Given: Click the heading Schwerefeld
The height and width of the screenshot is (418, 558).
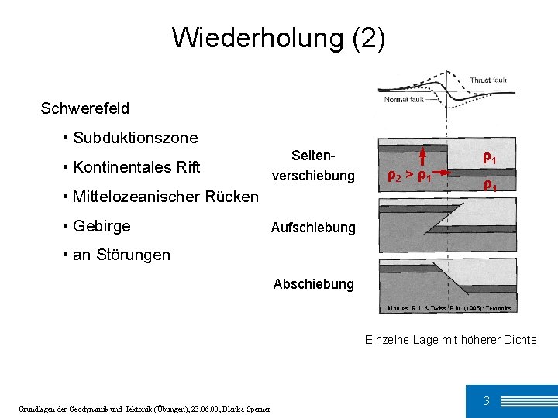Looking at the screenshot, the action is [84, 108].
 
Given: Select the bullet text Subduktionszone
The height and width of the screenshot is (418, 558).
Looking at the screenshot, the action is [135, 138].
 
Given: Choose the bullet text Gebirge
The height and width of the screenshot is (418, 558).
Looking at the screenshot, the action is [102, 226].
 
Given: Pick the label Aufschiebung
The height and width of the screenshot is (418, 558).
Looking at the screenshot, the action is [312, 228].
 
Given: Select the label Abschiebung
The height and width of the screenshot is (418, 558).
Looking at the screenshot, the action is [313, 284].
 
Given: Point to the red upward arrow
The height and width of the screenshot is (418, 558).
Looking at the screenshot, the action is [424, 156].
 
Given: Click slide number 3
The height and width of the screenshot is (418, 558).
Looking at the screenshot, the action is [486, 400].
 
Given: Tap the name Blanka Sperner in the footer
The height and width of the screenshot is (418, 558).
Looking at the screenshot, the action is [248, 409].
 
